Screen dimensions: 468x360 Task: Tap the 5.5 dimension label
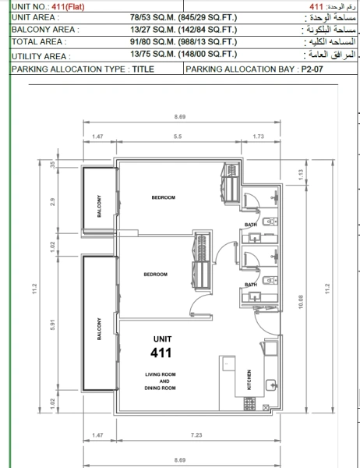(x=178, y=136)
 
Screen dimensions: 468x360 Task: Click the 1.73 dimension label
(x=259, y=136)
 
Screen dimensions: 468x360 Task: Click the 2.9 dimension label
(x=51, y=201)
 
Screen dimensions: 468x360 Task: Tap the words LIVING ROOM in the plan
(x=158, y=374)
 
